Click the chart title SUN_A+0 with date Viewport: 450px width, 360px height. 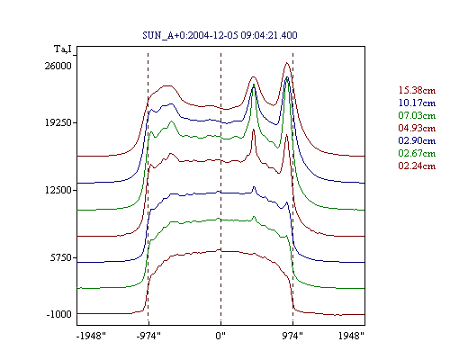coord(220,35)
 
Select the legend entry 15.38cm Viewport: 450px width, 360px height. coord(417,90)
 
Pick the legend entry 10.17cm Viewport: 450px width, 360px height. coord(417,103)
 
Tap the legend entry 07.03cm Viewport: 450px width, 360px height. coord(417,115)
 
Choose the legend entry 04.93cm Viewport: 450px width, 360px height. coord(417,128)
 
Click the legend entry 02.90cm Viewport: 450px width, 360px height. coord(417,140)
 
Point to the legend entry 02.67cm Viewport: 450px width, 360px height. coord(417,153)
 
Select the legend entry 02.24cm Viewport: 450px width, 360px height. coord(417,166)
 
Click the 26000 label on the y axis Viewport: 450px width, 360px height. coord(58,66)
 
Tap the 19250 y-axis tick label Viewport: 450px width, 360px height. coord(58,122)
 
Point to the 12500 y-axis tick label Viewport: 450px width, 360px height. coord(58,190)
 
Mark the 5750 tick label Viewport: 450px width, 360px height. coord(61,257)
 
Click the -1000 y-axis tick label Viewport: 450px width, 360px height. coord(58,314)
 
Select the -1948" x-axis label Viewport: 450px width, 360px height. coord(91,336)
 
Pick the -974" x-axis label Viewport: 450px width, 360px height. coord(148,336)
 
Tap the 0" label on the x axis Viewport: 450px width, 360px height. coord(220,336)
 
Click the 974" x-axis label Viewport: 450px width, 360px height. coord(292,336)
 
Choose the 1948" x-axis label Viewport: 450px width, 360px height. coord(351,336)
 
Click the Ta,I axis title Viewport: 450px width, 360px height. coord(63,49)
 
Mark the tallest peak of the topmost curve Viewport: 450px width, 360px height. coord(287,63)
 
